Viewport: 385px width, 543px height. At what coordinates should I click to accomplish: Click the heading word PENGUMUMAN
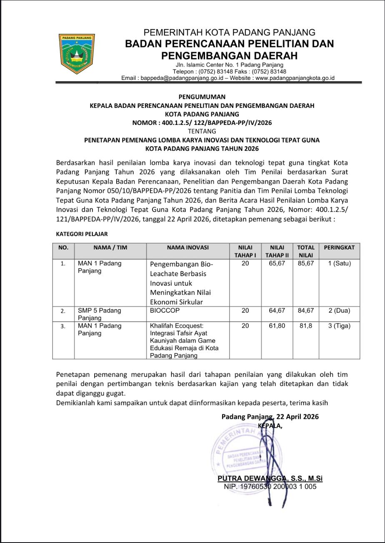[x=202, y=97]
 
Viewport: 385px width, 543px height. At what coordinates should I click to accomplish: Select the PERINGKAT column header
[x=339, y=247]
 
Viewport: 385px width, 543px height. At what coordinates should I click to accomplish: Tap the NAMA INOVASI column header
[x=187, y=247]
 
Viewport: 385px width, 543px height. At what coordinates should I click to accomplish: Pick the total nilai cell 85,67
[x=306, y=264]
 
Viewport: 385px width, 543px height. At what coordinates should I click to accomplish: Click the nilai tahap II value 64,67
[x=277, y=311]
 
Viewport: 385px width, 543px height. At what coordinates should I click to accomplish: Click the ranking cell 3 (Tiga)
[x=339, y=326]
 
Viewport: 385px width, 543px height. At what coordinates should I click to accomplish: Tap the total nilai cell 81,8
[x=306, y=326]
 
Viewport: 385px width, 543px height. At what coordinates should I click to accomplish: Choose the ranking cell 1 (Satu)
[x=339, y=264]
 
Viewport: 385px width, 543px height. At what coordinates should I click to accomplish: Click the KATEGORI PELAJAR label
[x=82, y=234]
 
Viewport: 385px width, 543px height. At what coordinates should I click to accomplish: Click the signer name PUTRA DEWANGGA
[x=250, y=479]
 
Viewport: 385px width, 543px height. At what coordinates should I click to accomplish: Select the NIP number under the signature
[x=270, y=486]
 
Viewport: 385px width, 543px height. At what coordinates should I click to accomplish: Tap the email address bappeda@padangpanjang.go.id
[x=182, y=78]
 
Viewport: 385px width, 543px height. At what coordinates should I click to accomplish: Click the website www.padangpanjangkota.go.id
[x=295, y=78]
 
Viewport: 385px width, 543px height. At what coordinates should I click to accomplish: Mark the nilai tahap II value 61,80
[x=277, y=326]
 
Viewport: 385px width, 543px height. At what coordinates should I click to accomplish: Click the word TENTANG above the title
[x=202, y=131]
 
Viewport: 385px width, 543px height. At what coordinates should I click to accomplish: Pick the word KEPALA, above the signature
[x=270, y=426]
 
